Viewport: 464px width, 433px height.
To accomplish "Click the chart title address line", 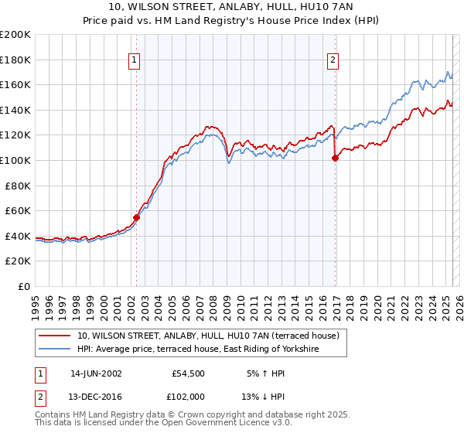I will pyautogui.click(x=231, y=8).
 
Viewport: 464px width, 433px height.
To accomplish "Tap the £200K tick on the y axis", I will pyautogui.click(x=15, y=35).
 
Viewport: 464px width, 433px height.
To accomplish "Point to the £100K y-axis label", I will pyautogui.click(x=15, y=160).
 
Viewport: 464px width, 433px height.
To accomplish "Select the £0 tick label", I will pyautogui.click(x=24, y=286).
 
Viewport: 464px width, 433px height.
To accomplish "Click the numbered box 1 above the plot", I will pyautogui.click(x=135, y=61).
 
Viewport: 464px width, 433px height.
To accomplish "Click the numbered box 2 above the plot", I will pyautogui.click(x=333, y=61).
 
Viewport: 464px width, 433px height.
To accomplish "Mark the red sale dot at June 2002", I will pyautogui.click(x=137, y=217).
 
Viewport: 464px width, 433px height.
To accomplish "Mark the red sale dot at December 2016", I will pyautogui.click(x=335, y=159).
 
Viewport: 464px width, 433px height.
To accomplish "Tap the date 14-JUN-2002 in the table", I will pyautogui.click(x=95, y=373).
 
